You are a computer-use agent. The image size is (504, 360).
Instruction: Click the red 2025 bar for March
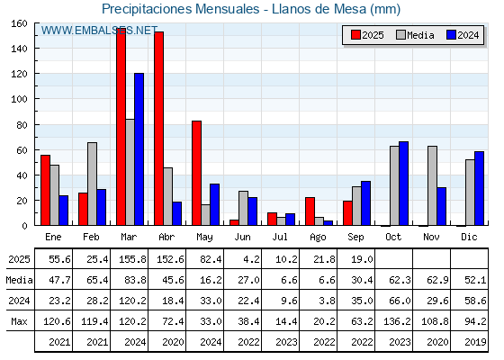tap(121, 127)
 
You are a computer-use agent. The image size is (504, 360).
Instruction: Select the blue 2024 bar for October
tap(404, 184)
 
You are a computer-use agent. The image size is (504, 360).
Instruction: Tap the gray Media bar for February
tap(92, 184)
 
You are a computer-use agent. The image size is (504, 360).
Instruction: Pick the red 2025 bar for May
tap(197, 173)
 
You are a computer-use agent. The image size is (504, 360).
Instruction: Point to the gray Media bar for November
tap(432, 185)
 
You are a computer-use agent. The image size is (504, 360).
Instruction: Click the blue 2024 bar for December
tap(479, 188)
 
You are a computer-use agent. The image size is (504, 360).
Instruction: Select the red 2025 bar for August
tap(310, 211)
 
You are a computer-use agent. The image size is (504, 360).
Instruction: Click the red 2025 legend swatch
tap(355, 35)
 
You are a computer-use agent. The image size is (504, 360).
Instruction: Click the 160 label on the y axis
tap(20, 23)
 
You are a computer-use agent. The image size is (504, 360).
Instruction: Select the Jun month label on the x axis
tap(242, 238)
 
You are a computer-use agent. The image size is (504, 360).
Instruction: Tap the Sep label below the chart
tap(355, 238)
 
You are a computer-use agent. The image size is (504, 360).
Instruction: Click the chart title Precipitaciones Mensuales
tap(181, 9)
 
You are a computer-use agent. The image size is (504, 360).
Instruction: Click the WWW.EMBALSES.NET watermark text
tap(99, 31)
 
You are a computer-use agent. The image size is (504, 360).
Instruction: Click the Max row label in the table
tap(19, 321)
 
